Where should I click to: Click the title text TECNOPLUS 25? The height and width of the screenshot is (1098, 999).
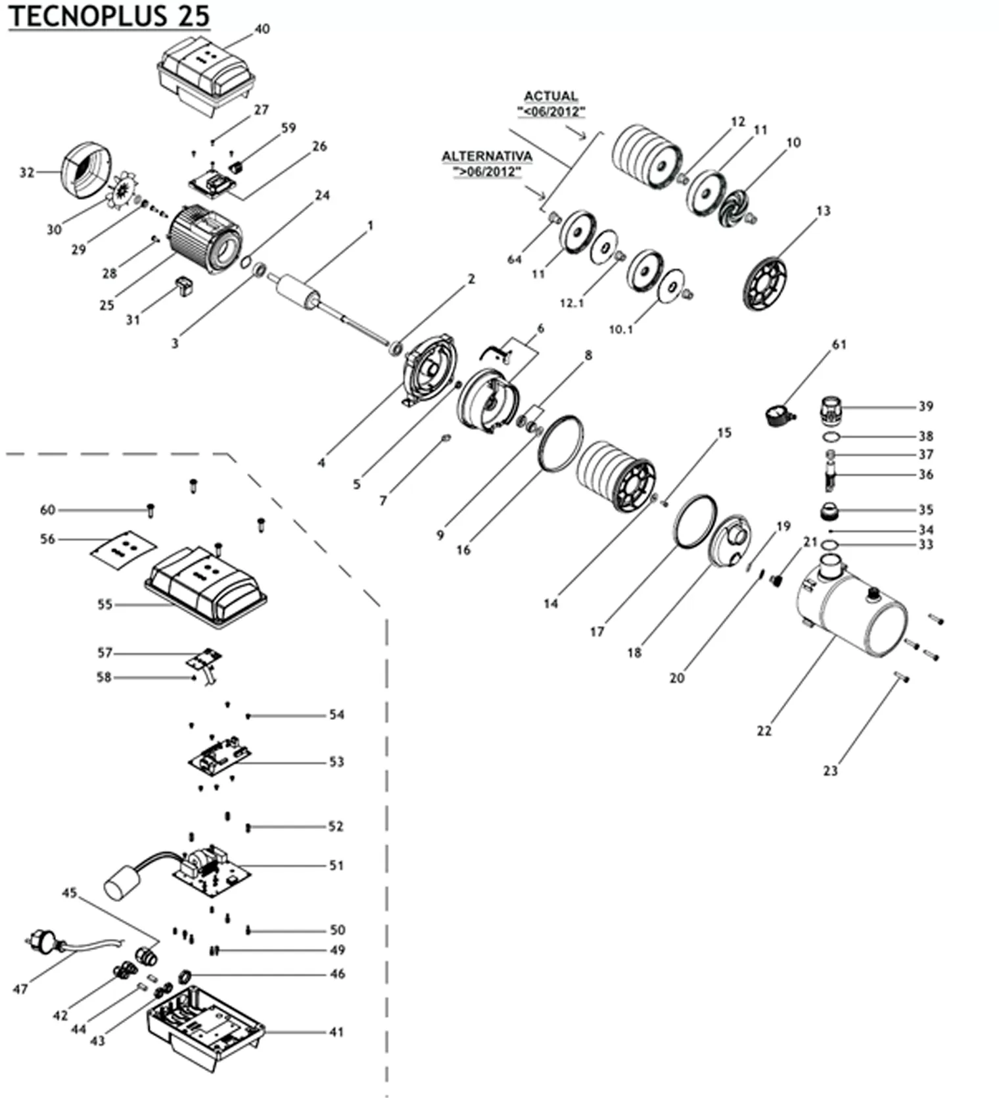click(109, 16)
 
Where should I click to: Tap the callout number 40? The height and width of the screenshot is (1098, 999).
click(262, 29)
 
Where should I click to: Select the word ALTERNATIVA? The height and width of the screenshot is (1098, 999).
click(486, 157)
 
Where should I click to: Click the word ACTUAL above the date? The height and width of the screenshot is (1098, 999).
click(551, 96)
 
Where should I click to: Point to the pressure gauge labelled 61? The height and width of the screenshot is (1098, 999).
click(779, 415)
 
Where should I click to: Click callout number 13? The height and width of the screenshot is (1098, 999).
click(824, 211)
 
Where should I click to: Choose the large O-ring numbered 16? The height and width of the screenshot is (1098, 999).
click(560, 444)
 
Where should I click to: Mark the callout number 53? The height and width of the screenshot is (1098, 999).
click(337, 762)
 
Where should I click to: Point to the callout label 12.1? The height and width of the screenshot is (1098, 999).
click(572, 304)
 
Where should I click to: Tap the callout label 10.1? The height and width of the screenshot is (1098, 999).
click(621, 329)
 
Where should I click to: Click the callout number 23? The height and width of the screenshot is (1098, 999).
click(831, 771)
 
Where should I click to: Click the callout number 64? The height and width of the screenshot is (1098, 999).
click(514, 260)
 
